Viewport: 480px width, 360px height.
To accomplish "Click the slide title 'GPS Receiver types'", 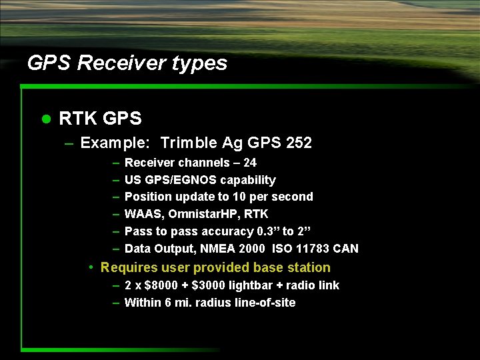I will (x=127, y=63).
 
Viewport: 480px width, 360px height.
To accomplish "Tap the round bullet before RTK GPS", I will (x=46, y=119).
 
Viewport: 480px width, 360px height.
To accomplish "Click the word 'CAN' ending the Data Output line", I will (x=346, y=249).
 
